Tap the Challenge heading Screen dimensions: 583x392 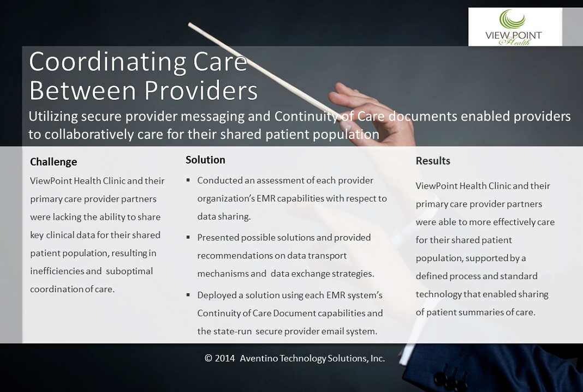[53, 162]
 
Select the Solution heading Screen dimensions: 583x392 [205, 160]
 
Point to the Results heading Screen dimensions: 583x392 [433, 161]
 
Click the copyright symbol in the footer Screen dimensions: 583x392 [208, 358]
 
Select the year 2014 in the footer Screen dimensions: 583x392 [225, 358]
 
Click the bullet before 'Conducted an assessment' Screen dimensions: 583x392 [188, 180]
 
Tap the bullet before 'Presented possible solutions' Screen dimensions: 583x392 [188, 238]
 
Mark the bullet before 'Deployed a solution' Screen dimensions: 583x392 [188, 295]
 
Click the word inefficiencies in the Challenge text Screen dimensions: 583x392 [57, 271]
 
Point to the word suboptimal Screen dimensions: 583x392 [129, 272]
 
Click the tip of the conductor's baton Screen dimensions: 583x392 [189, 25]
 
